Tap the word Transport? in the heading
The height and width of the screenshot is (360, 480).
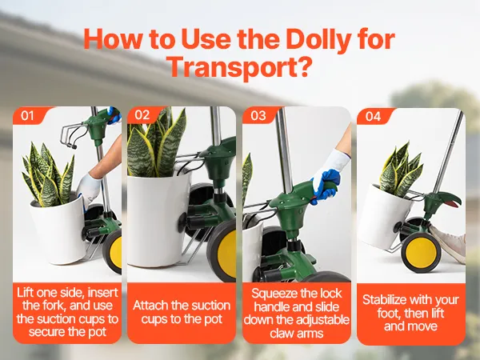pos(238,67)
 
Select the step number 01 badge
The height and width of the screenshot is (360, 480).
pos(27,116)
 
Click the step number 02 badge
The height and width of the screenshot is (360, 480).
pos(142,114)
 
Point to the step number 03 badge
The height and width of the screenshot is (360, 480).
pos(258,115)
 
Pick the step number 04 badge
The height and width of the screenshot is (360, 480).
pos(373,117)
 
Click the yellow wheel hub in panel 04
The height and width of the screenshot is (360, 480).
pos(422,253)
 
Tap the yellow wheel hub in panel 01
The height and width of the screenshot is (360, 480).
pos(117,252)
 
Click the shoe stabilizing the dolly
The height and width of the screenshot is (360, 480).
pos(449,242)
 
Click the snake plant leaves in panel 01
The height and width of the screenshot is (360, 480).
pos(49,176)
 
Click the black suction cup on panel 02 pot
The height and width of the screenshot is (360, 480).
pos(183,221)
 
